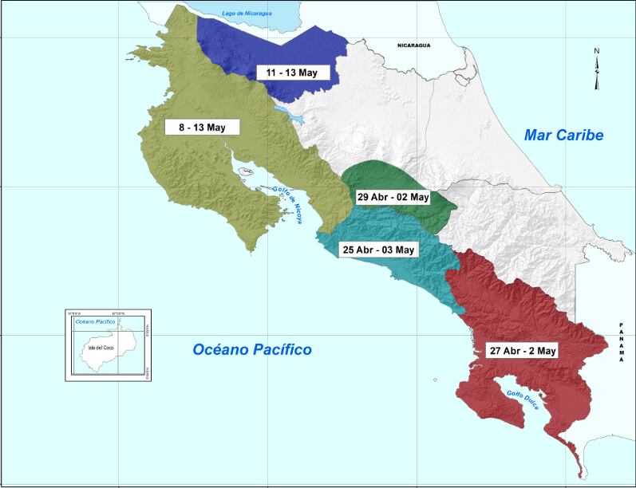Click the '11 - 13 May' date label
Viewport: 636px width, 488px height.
(292, 73)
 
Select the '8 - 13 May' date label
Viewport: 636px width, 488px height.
(196, 127)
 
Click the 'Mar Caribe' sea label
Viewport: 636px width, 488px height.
(563, 136)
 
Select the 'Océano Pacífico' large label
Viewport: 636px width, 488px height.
(252, 349)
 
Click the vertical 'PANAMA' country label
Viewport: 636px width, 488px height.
(621, 344)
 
